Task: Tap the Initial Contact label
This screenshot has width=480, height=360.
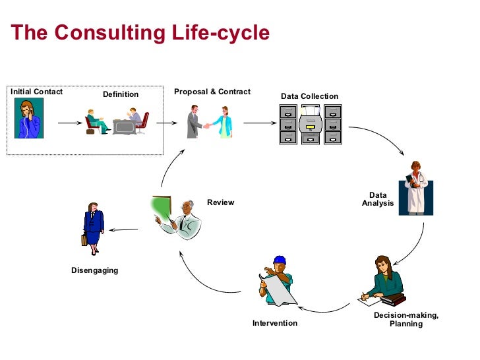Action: tap(36, 92)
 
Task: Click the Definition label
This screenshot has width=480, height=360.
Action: tap(121, 94)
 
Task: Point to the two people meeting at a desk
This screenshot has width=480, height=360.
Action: tap(117, 123)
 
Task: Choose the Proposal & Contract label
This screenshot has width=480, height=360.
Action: tap(212, 92)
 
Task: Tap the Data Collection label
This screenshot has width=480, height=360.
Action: tap(309, 96)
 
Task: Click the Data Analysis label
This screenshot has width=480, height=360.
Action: tap(378, 199)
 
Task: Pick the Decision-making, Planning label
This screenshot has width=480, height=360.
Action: tap(406, 320)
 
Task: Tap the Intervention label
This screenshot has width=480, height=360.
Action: tap(275, 323)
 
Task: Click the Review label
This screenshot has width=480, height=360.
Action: tap(220, 202)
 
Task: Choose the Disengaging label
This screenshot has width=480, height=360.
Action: tap(95, 270)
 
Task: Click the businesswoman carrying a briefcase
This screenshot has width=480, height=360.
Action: tap(93, 227)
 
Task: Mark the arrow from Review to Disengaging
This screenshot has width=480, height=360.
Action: tap(123, 229)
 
